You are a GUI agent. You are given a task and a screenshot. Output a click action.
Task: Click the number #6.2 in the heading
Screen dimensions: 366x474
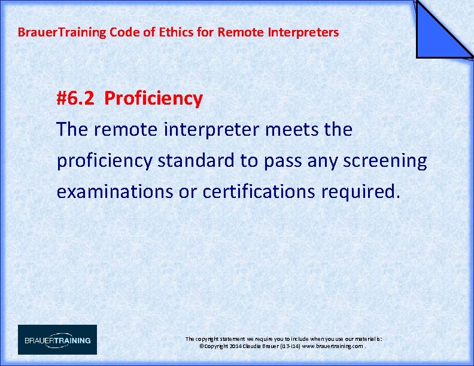coord(75,99)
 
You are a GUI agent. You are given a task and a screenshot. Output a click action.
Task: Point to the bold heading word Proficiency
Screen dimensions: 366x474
coord(153,99)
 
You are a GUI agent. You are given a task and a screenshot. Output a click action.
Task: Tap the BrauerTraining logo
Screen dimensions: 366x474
coord(57,340)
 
